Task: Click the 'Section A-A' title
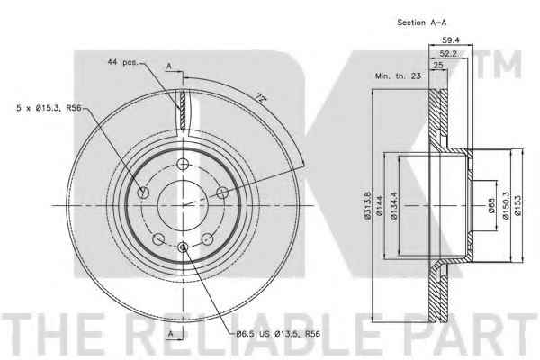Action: pyautogui.click(x=421, y=22)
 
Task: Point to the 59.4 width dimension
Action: pyautogui.click(x=451, y=40)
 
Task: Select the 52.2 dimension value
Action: pyautogui.click(x=448, y=53)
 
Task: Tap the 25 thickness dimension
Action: pyautogui.click(x=438, y=65)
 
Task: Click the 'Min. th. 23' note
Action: pyautogui.click(x=398, y=76)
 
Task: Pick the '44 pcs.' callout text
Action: pyautogui.click(x=123, y=62)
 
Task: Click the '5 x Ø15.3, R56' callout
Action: pyautogui.click(x=49, y=108)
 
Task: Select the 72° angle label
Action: pyautogui.click(x=261, y=99)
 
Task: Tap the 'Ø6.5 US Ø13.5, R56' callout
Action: pyautogui.click(x=278, y=334)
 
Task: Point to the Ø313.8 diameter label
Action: pyautogui.click(x=367, y=206)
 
